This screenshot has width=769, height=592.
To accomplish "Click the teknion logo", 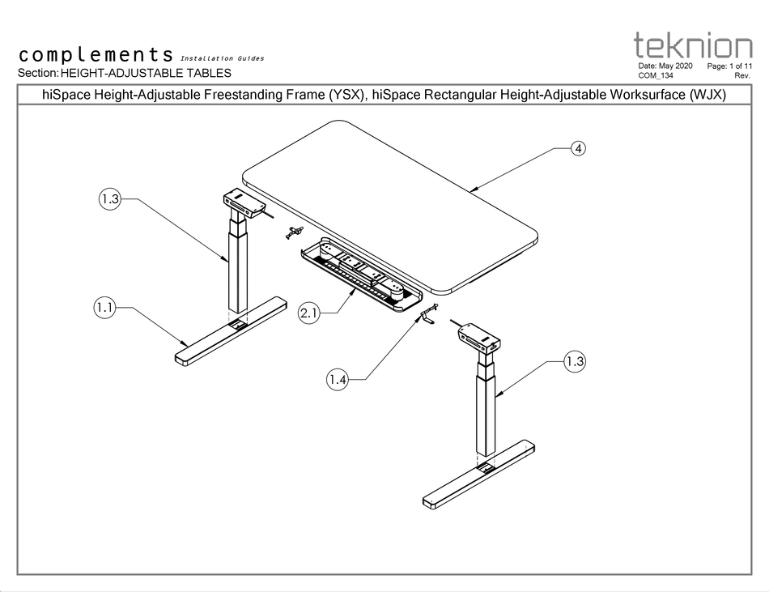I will click(692, 45).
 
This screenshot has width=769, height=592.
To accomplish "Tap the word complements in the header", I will click(96, 55).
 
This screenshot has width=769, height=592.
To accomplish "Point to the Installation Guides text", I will click(222, 58).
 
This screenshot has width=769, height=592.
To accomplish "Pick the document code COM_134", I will click(656, 75).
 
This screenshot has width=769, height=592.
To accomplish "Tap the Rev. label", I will click(742, 75).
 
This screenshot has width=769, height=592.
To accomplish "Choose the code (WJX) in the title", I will click(707, 95).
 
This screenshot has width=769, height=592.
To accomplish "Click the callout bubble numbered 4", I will click(578, 148).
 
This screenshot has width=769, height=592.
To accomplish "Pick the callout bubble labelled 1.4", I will click(339, 377).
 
